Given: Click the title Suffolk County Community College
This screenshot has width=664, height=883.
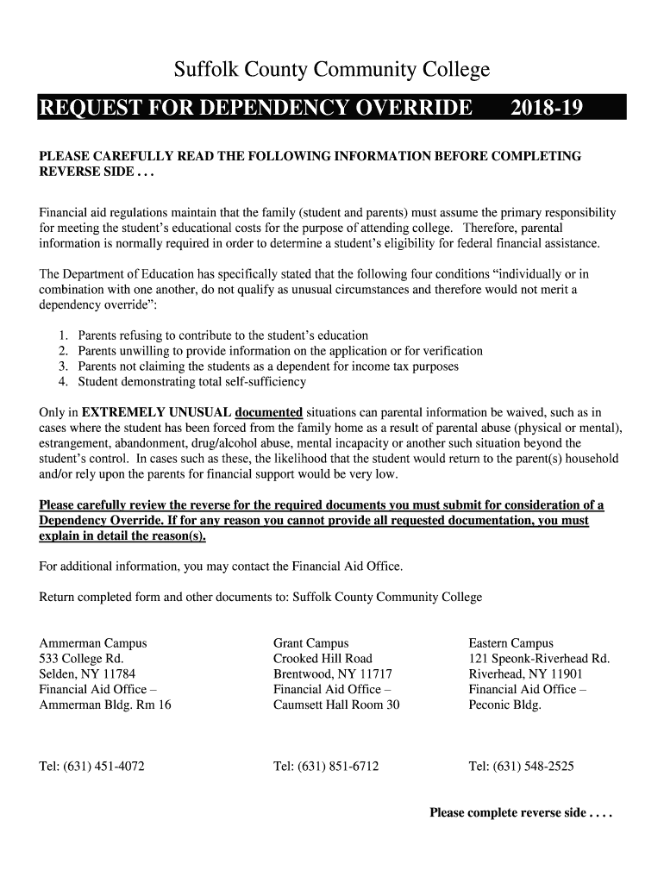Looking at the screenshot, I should tap(332, 70).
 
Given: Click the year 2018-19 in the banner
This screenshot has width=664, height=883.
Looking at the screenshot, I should tap(547, 108).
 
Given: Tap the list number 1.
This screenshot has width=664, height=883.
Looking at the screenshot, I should tap(63, 335).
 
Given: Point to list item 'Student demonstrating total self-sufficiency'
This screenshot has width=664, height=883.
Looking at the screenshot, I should tap(191, 382).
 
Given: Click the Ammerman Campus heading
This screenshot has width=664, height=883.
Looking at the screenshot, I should tap(93, 643).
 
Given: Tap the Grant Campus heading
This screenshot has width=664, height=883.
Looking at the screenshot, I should tap(310, 643).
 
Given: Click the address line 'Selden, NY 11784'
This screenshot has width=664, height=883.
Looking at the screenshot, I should tap(87, 674).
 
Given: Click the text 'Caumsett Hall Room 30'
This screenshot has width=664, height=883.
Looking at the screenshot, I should tap(336, 705).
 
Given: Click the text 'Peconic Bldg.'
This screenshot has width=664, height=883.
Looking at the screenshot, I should tap(504, 705).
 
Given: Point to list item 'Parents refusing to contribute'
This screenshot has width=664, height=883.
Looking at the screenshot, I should tap(222, 335).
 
